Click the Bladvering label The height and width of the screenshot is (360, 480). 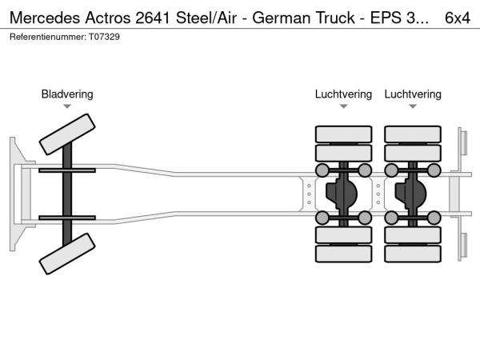coord(67,94)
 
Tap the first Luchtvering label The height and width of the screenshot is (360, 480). coord(343,94)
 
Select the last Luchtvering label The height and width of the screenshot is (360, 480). coord(413,94)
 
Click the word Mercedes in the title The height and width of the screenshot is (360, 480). coord(41,17)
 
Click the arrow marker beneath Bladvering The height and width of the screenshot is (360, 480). coord(67,106)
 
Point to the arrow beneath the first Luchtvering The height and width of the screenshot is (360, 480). coord(343,106)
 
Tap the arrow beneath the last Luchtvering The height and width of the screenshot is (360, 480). coord(413,106)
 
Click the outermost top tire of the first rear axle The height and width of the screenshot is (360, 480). coord(343,134)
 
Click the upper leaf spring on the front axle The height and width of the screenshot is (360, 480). coord(67,171)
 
